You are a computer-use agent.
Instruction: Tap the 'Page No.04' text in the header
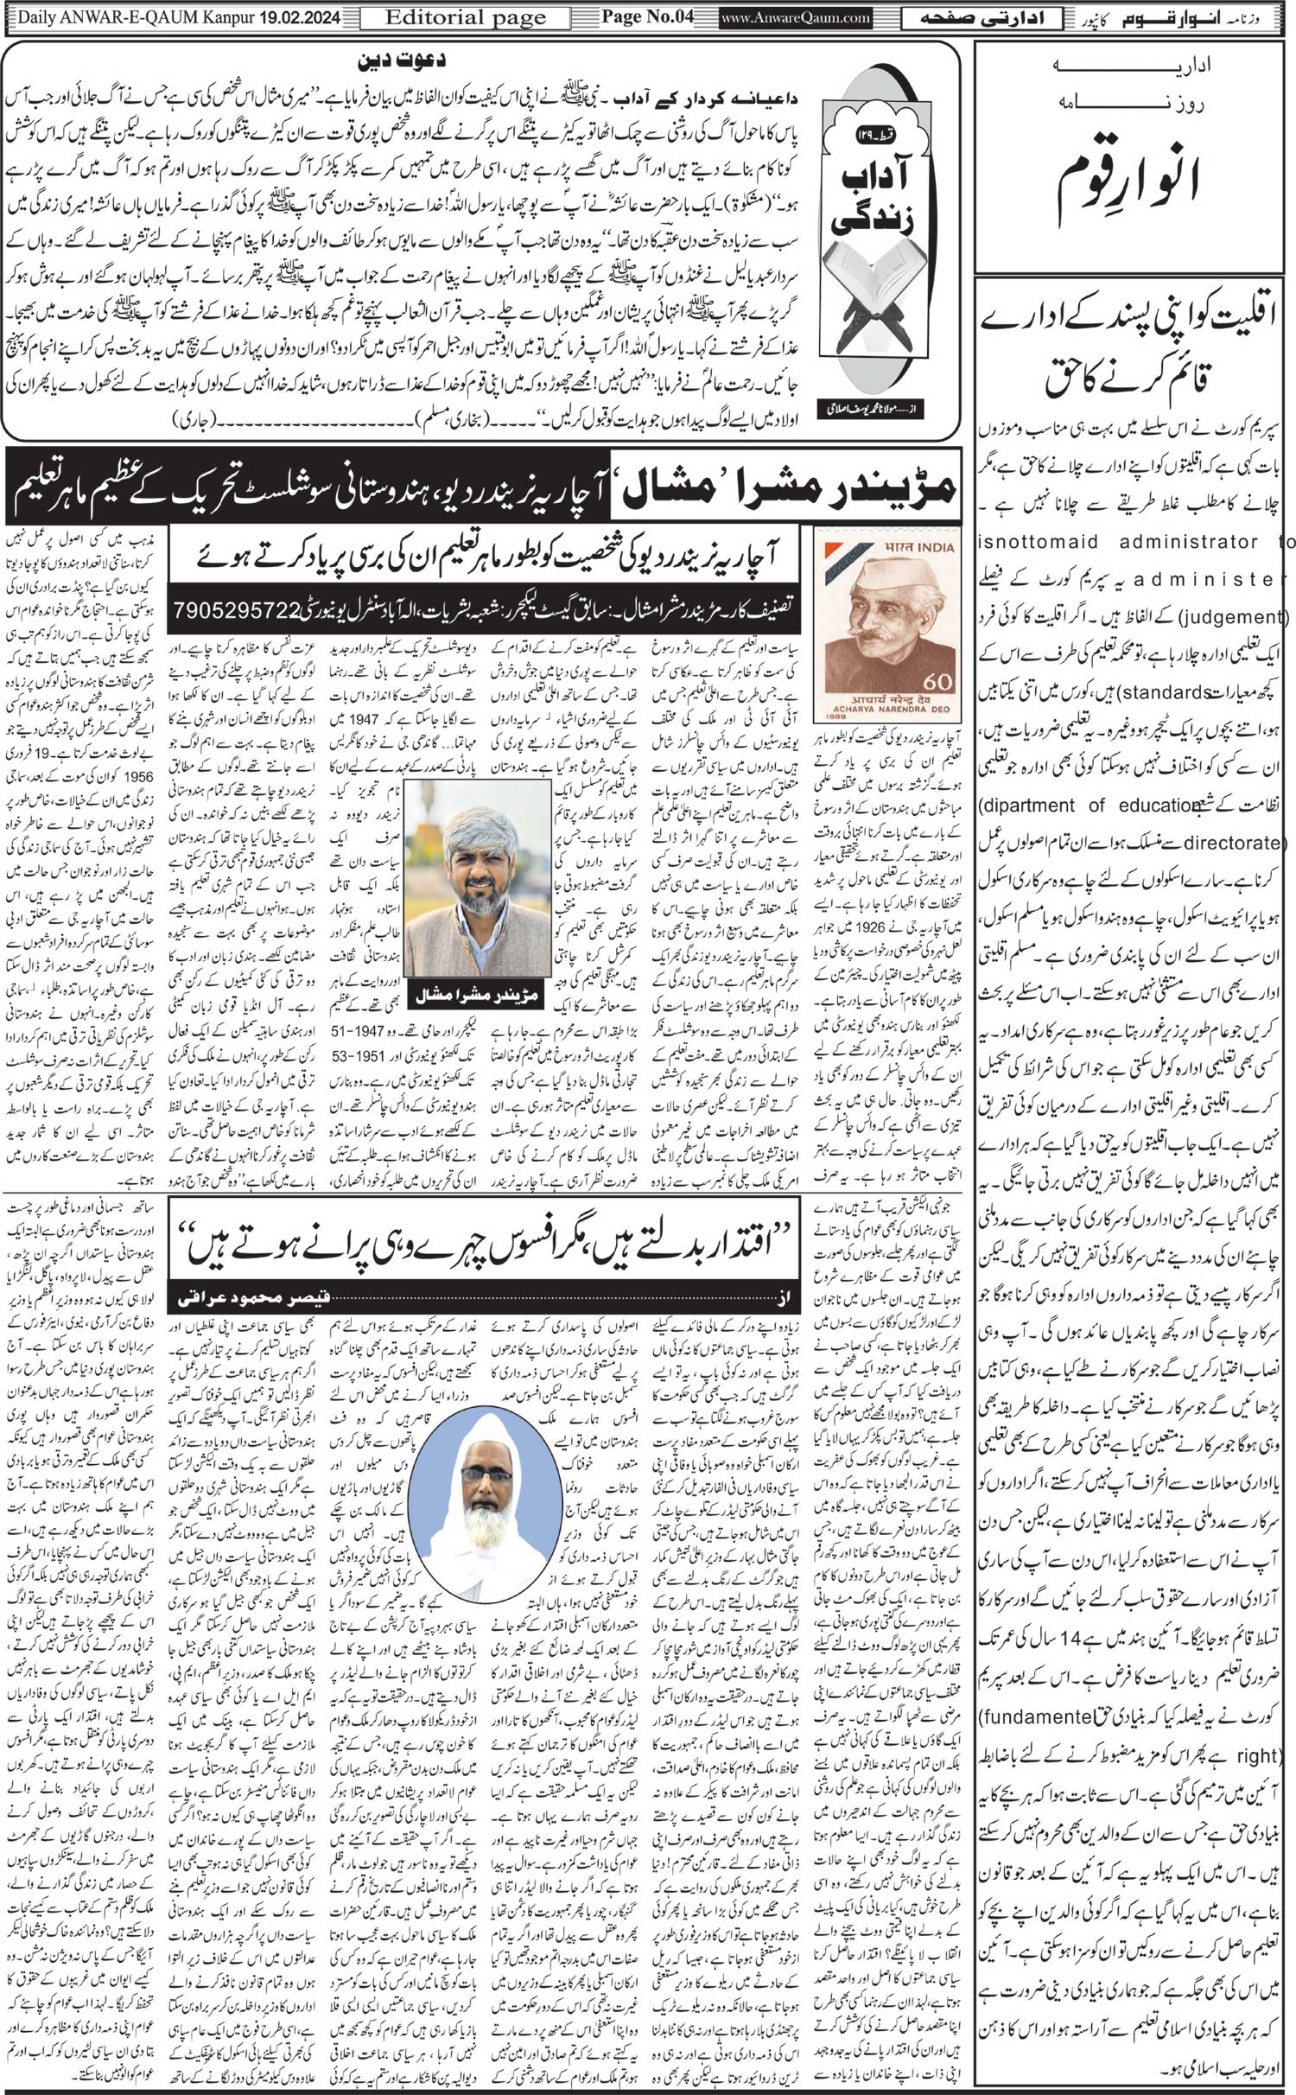point(647,17)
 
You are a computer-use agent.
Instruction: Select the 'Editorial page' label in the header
point(465,17)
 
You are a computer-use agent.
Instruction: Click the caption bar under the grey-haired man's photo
point(478,996)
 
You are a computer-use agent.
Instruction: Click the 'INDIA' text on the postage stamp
point(937,546)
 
